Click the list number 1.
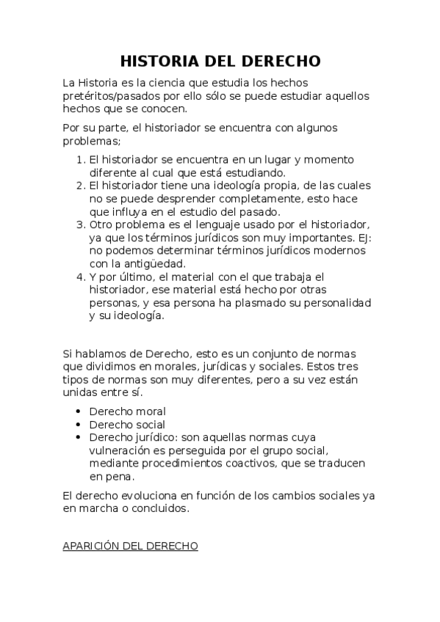[80, 160]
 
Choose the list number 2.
[80, 185]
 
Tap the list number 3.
[80, 224]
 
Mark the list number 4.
[80, 277]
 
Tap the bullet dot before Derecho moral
[78, 411]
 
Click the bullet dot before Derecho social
[78, 425]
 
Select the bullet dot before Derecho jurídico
[78, 438]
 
